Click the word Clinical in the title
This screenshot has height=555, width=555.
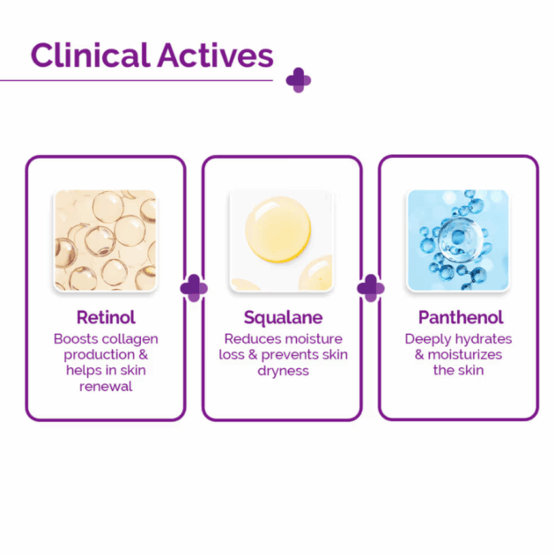[91, 55]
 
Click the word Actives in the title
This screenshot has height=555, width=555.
[216, 55]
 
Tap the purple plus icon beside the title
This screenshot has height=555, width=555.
[299, 80]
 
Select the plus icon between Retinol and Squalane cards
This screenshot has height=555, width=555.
[194, 288]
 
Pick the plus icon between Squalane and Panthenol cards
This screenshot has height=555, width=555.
[371, 288]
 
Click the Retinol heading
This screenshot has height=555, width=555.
[106, 317]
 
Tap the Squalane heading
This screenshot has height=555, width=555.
[283, 317]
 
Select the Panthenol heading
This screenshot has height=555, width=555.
[461, 317]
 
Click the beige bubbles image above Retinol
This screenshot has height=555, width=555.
[105, 240]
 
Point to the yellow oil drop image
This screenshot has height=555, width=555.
[281, 240]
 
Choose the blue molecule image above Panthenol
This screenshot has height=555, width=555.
[458, 240]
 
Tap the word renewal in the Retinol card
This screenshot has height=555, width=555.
[106, 386]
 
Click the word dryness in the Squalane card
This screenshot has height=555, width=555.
[283, 371]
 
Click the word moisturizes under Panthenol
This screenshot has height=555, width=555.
[465, 355]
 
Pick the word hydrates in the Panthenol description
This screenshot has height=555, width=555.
[484, 339]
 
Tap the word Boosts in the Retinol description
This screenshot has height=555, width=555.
[76, 339]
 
